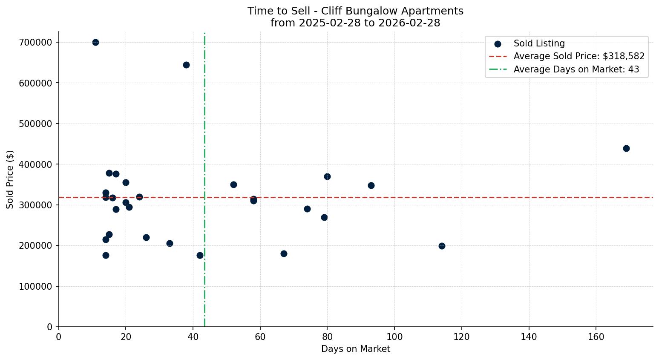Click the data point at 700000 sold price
(95, 42)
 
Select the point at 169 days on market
(626, 148)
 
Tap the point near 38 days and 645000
(186, 65)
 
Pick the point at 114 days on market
(442, 246)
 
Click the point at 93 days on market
(371, 185)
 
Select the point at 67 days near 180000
(284, 253)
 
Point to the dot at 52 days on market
(233, 184)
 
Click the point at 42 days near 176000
(200, 255)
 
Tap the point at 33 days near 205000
(170, 243)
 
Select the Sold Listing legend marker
(498, 43)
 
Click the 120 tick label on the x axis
(462, 337)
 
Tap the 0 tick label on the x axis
(59, 337)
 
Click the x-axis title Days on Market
(356, 349)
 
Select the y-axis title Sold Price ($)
(10, 179)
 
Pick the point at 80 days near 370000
(327, 176)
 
